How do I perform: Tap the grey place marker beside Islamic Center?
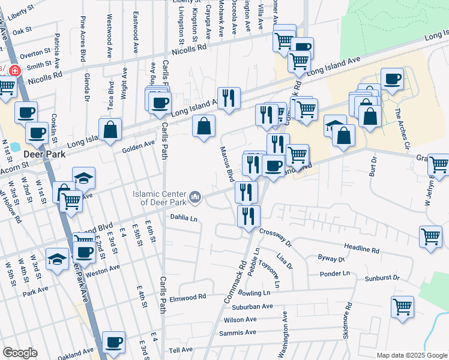coord(195,197)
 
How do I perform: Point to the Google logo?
coord(20,353)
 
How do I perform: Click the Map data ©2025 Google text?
coord(411,355)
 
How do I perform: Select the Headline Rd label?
coord(362,249)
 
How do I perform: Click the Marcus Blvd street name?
coord(226,164)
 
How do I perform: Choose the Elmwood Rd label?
coord(187,296)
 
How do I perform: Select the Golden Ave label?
coord(139,146)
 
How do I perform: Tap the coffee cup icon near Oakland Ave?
coord(113,343)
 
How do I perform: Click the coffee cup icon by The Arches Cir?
coord(392,79)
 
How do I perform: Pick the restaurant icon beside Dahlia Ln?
coord(248,215)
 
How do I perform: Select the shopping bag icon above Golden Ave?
coord(110,130)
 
